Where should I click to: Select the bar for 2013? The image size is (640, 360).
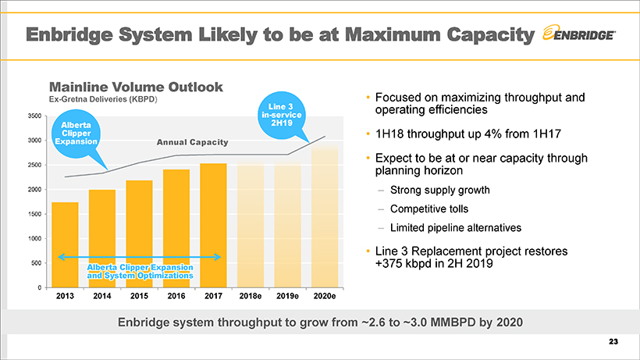tap(65, 244)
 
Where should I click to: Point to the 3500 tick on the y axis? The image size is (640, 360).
tap(34, 116)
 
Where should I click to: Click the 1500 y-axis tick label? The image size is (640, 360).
tap(34, 214)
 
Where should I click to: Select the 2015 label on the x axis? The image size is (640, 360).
tap(138, 298)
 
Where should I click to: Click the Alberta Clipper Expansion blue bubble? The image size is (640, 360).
tap(76, 134)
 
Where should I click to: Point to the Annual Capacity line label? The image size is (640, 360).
tap(192, 143)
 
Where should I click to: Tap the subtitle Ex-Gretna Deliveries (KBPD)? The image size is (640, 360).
tap(103, 101)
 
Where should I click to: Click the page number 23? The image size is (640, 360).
tap(612, 342)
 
